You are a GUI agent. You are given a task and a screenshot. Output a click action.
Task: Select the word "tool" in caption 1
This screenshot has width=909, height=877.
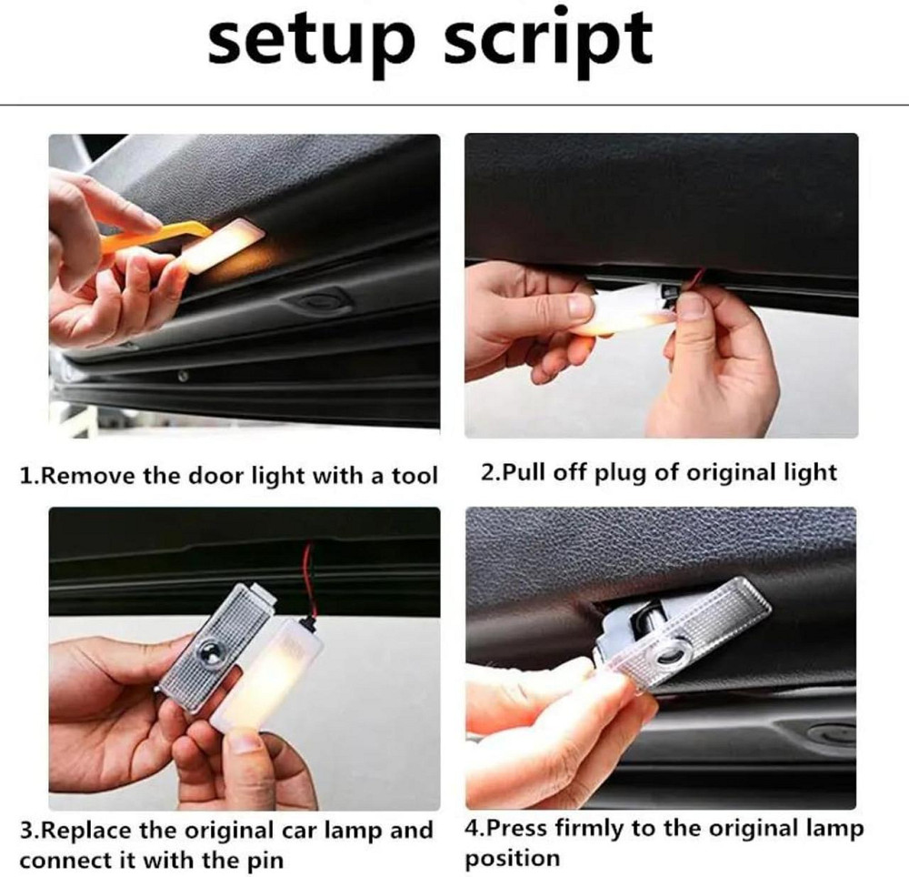point(415,476)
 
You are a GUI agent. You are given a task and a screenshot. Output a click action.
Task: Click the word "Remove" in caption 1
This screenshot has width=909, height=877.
point(84,476)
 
